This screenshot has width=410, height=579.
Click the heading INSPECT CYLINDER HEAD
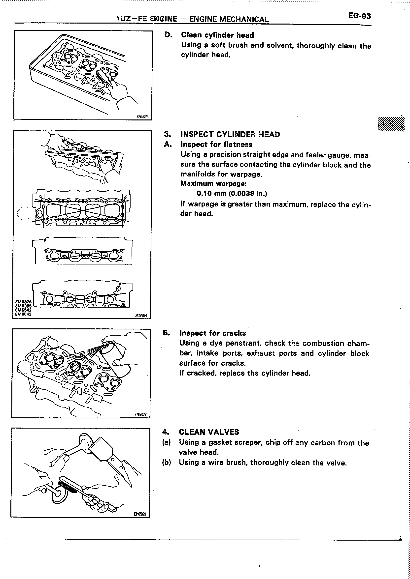pyautogui.click(x=230, y=134)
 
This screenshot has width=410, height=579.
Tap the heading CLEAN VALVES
pyautogui.click(x=209, y=432)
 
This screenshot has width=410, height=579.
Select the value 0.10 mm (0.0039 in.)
pyautogui.click(x=232, y=193)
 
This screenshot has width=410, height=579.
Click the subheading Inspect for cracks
pyautogui.click(x=213, y=333)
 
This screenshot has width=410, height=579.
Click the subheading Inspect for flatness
pyautogui.click(x=216, y=145)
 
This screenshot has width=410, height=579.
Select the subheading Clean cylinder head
pyautogui.click(x=217, y=35)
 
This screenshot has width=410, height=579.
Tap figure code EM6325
pyautogui.click(x=142, y=116)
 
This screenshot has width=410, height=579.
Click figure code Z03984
pyautogui.click(x=141, y=316)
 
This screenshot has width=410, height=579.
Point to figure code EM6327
pyautogui.click(x=140, y=415)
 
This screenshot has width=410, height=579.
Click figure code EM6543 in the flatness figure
pyautogui.click(x=23, y=314)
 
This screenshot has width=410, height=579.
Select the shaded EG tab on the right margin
pyautogui.click(x=391, y=124)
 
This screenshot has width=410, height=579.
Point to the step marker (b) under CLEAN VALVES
pyautogui.click(x=166, y=462)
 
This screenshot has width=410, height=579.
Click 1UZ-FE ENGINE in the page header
pyautogui.click(x=147, y=19)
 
